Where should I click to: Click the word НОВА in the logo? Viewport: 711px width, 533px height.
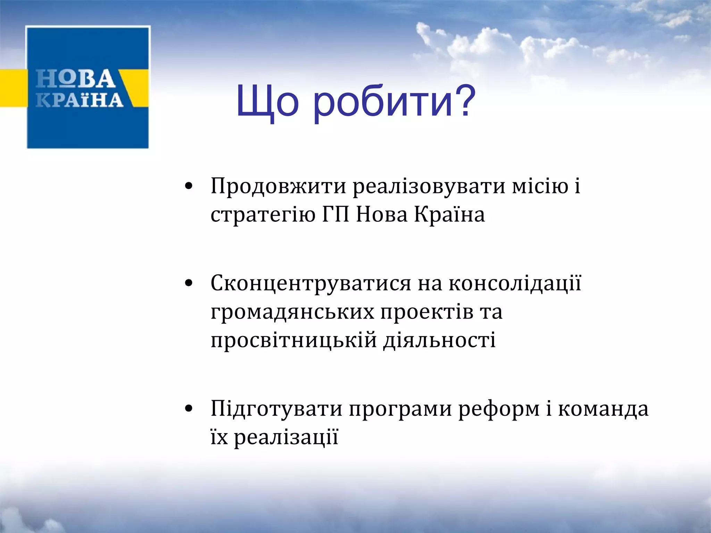(x=76, y=79)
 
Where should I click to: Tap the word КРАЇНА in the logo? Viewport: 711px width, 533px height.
(x=80, y=100)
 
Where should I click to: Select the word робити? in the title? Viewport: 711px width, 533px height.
(x=394, y=102)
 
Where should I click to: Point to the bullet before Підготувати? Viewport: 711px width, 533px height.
(x=189, y=409)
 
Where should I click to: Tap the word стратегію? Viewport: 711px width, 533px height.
(x=263, y=215)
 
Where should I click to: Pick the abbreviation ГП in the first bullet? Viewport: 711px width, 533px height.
(x=335, y=215)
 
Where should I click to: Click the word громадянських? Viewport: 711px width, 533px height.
(x=292, y=312)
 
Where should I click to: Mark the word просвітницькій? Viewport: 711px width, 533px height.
(x=294, y=340)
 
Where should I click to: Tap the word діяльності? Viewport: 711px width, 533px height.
(x=439, y=340)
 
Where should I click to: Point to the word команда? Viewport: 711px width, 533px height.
(x=603, y=409)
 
